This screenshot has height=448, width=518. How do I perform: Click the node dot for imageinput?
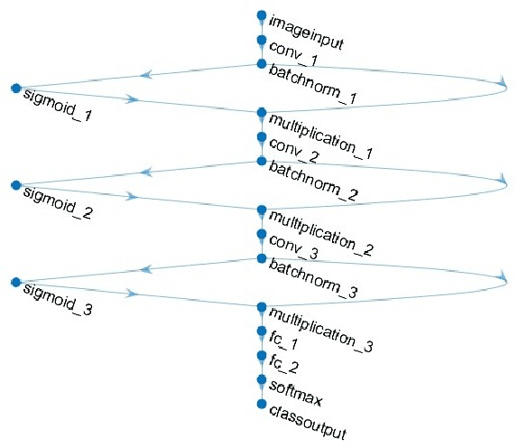click(x=262, y=15)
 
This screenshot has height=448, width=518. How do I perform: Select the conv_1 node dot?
click(x=262, y=40)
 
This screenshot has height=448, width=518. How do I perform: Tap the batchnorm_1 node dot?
click(x=262, y=64)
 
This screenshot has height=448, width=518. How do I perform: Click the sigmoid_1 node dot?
click(x=15, y=88)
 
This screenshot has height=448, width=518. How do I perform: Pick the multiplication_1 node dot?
click(x=262, y=113)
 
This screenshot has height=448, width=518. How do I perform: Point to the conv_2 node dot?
click(x=262, y=137)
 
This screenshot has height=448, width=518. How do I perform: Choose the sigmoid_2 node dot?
click(x=15, y=185)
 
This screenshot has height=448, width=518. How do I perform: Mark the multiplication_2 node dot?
click(x=262, y=210)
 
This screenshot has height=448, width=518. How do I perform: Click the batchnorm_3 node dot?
click(x=262, y=258)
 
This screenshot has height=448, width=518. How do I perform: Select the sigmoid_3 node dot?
click(x=15, y=283)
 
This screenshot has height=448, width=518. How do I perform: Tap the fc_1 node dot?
click(x=262, y=331)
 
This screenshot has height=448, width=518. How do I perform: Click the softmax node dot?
click(x=262, y=379)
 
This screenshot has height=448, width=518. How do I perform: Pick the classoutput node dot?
click(x=262, y=404)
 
